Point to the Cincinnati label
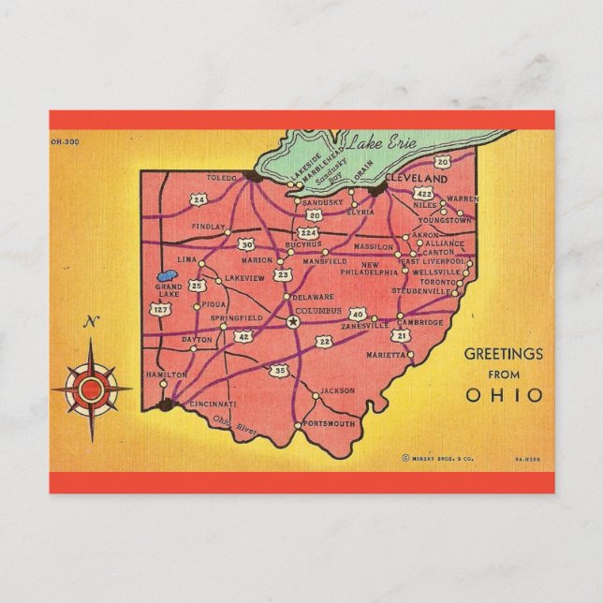tap(213, 404)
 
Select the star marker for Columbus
tap(292, 321)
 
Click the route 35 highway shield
tap(280, 372)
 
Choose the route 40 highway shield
tap(357, 314)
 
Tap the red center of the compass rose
tap(91, 387)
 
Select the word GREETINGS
tap(504, 354)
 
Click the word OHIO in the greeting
tap(504, 394)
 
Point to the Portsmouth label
tap(331, 424)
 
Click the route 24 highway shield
tap(199, 199)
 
